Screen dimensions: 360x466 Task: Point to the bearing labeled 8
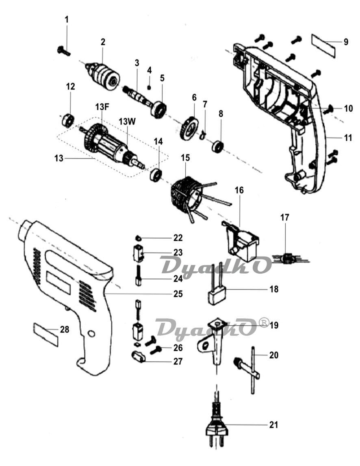click(217, 146)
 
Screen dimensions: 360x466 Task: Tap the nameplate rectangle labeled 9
click(323, 46)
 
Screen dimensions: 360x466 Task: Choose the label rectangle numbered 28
click(46, 335)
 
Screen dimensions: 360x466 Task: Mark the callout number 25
click(178, 294)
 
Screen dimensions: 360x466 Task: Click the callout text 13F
click(102, 107)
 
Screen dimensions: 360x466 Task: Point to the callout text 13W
click(128, 121)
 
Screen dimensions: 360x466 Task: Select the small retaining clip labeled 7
click(203, 134)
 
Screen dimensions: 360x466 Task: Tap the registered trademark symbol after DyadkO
click(264, 322)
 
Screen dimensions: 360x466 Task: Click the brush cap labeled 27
click(138, 356)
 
